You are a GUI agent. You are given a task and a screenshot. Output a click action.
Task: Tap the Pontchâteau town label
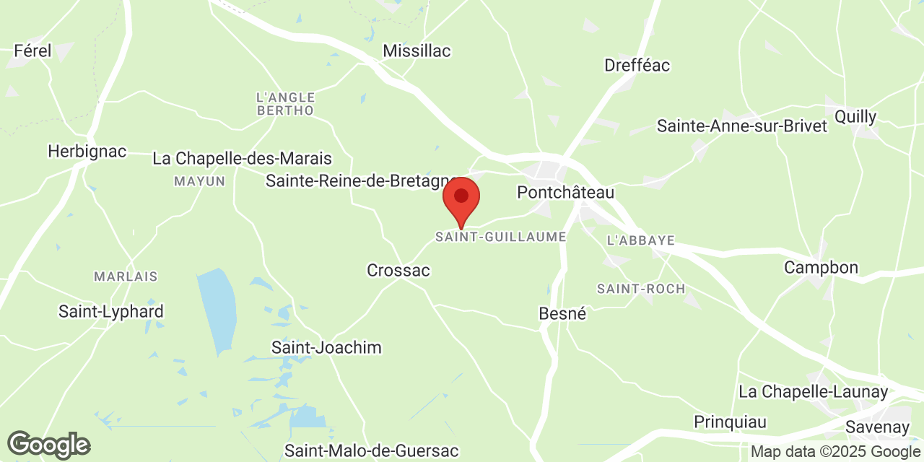565,193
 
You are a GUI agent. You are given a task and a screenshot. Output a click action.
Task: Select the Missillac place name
417,51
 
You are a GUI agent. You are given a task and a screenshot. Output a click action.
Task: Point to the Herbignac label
87,152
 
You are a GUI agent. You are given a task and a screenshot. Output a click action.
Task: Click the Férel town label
33,51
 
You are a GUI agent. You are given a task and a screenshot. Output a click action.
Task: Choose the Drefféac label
637,65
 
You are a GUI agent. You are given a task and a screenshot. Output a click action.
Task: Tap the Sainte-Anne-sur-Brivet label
741,126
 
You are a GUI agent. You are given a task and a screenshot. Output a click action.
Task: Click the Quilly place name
855,117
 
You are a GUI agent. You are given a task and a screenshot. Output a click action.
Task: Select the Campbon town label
821,268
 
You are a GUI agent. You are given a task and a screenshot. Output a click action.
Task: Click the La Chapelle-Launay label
813,392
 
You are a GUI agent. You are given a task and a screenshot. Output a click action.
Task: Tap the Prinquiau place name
730,422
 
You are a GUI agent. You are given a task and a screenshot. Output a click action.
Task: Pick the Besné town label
562,314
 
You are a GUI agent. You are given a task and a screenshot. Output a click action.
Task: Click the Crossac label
398,271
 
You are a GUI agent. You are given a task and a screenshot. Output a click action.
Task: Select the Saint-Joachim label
326,348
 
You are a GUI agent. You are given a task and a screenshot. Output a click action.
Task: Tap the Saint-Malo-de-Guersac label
371,451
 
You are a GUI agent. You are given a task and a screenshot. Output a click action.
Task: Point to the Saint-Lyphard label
111,312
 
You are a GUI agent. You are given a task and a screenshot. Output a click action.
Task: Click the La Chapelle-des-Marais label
242,158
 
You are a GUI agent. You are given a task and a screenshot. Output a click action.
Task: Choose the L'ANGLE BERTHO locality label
285,104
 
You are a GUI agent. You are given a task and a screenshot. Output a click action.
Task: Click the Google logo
48,445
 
